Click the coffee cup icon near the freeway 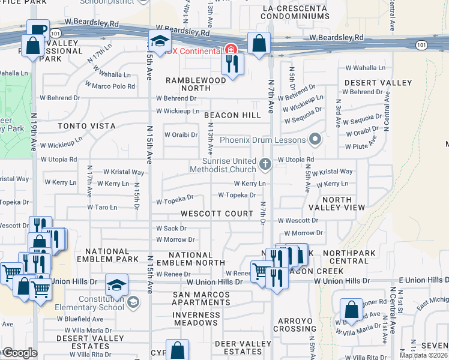pyautogui.click(x=38, y=29)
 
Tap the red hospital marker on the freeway pyautogui.click(x=229, y=49)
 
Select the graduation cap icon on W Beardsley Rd pyautogui.click(x=160, y=41)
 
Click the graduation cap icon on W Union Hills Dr pyautogui.click(x=117, y=284)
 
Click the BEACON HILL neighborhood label pyautogui.click(x=232, y=115)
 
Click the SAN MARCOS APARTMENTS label pyautogui.click(x=201, y=299)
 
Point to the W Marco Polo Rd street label pyautogui.click(x=110, y=86)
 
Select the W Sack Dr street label pyautogui.click(x=171, y=229)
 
